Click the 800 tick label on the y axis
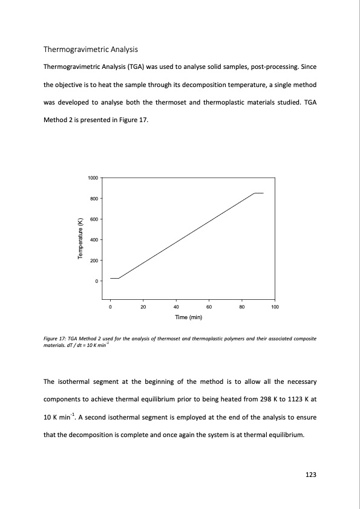pyautogui.click(x=94, y=199)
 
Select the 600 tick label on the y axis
pyautogui.click(x=94, y=219)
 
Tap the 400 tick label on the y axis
pyautogui.click(x=94, y=240)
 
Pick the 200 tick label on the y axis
pyautogui.click(x=94, y=261)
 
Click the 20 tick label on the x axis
pyautogui.click(x=143, y=307)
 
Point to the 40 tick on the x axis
pyautogui.click(x=175, y=307)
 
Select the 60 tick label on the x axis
pyautogui.click(x=209, y=307)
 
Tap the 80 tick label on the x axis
pyautogui.click(x=241, y=307)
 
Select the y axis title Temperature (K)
pyautogui.click(x=80, y=239)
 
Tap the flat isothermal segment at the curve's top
pyautogui.click(x=259, y=193)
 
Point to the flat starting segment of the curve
pyautogui.click(x=114, y=278)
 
